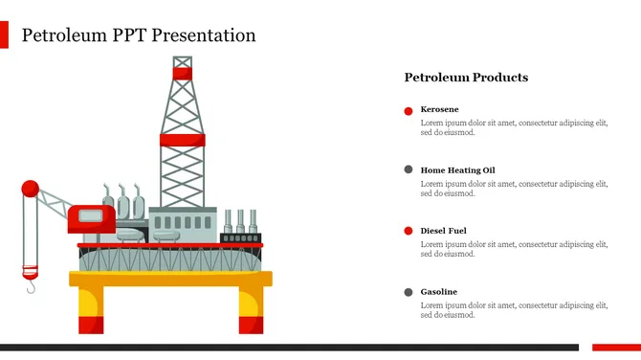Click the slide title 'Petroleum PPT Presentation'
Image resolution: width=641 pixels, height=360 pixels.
click(139, 36)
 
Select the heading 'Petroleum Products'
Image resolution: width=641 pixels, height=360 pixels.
click(466, 78)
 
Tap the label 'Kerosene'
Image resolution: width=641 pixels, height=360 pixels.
click(439, 109)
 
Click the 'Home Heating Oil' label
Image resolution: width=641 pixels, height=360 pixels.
click(457, 169)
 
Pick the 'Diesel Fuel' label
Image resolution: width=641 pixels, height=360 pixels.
click(444, 231)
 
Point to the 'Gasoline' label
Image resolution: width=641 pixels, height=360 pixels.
click(439, 291)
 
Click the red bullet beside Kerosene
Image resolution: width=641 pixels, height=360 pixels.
click(409, 111)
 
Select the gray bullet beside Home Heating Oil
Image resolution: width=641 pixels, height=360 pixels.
click(409, 170)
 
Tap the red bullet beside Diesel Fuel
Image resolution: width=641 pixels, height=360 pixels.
click(409, 232)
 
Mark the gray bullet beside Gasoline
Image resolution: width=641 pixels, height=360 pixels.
click(409, 292)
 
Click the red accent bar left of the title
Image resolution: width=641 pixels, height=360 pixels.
click(4, 35)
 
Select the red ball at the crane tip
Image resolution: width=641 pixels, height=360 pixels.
click(31, 189)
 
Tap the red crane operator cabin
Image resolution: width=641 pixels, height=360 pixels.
click(91, 218)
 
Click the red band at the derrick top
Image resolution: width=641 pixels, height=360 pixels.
click(182, 73)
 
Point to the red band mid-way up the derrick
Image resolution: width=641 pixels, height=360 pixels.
click(182, 141)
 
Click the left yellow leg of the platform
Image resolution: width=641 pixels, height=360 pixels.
click(90, 310)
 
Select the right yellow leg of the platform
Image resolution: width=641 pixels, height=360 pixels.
click(250, 310)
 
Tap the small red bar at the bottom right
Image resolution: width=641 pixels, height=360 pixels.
click(615, 347)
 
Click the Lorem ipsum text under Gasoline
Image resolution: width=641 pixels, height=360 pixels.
click(514, 309)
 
